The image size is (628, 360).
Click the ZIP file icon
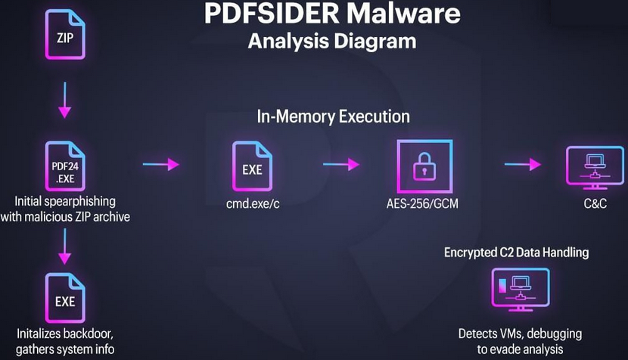(65, 35)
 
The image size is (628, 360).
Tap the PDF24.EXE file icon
(65, 166)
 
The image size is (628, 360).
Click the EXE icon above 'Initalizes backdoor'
(65, 300)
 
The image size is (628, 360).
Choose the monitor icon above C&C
(594, 168)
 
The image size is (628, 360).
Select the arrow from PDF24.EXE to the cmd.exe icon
(160, 164)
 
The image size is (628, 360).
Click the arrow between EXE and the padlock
(341, 164)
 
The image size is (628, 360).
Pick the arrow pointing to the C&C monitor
(524, 164)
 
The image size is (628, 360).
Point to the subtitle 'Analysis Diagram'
(332, 40)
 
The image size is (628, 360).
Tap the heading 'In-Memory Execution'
(333, 116)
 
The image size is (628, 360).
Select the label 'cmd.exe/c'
(253, 203)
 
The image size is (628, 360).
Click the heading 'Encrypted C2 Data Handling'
(516, 252)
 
